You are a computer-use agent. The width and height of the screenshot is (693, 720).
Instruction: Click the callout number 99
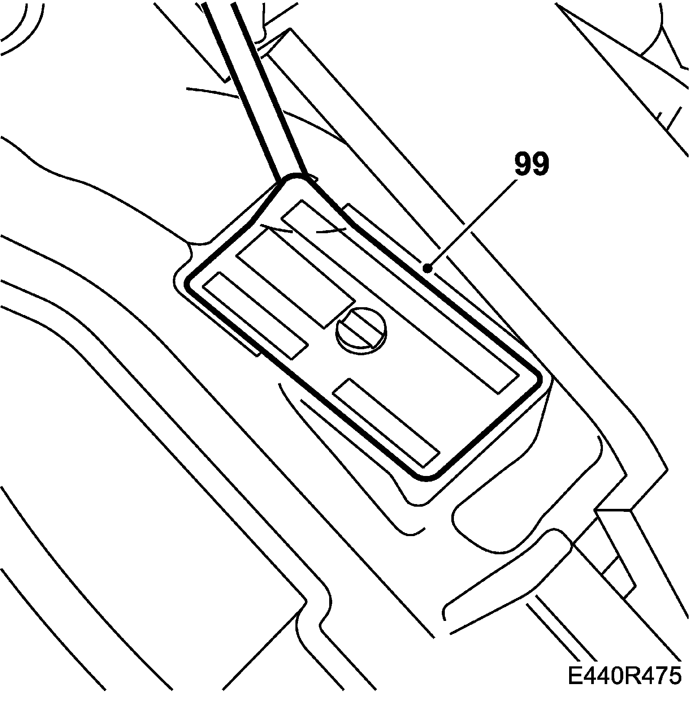[x=531, y=164]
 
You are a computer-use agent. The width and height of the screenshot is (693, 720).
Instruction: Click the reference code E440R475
[x=624, y=675]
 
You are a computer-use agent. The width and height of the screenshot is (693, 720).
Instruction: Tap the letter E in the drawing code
[x=575, y=675]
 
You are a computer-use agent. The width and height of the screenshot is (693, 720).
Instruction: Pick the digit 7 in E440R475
[x=655, y=675]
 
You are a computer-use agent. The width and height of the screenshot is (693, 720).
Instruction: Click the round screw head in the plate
[x=361, y=329]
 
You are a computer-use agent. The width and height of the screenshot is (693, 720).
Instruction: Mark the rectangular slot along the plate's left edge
[x=255, y=316]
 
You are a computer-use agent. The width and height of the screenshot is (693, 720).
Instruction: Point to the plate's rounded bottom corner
[x=427, y=476]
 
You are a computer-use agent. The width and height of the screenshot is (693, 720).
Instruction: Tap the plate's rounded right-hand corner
[x=537, y=381]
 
